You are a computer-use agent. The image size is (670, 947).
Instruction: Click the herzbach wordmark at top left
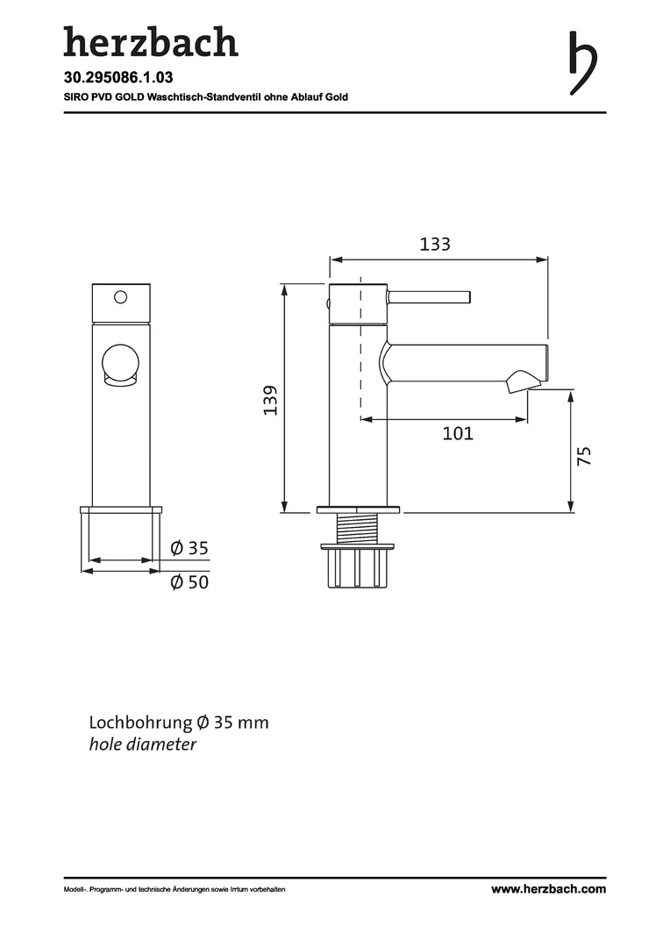(151, 42)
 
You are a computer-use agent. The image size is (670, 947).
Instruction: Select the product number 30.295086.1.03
(118, 77)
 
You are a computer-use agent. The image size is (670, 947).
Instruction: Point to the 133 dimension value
(435, 244)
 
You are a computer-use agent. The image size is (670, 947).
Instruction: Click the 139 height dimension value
(270, 400)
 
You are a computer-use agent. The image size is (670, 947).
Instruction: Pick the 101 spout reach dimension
(458, 434)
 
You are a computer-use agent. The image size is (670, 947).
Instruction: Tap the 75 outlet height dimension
(584, 455)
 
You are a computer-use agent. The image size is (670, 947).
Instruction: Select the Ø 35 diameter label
(189, 548)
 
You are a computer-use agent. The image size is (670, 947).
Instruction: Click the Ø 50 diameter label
(189, 582)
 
